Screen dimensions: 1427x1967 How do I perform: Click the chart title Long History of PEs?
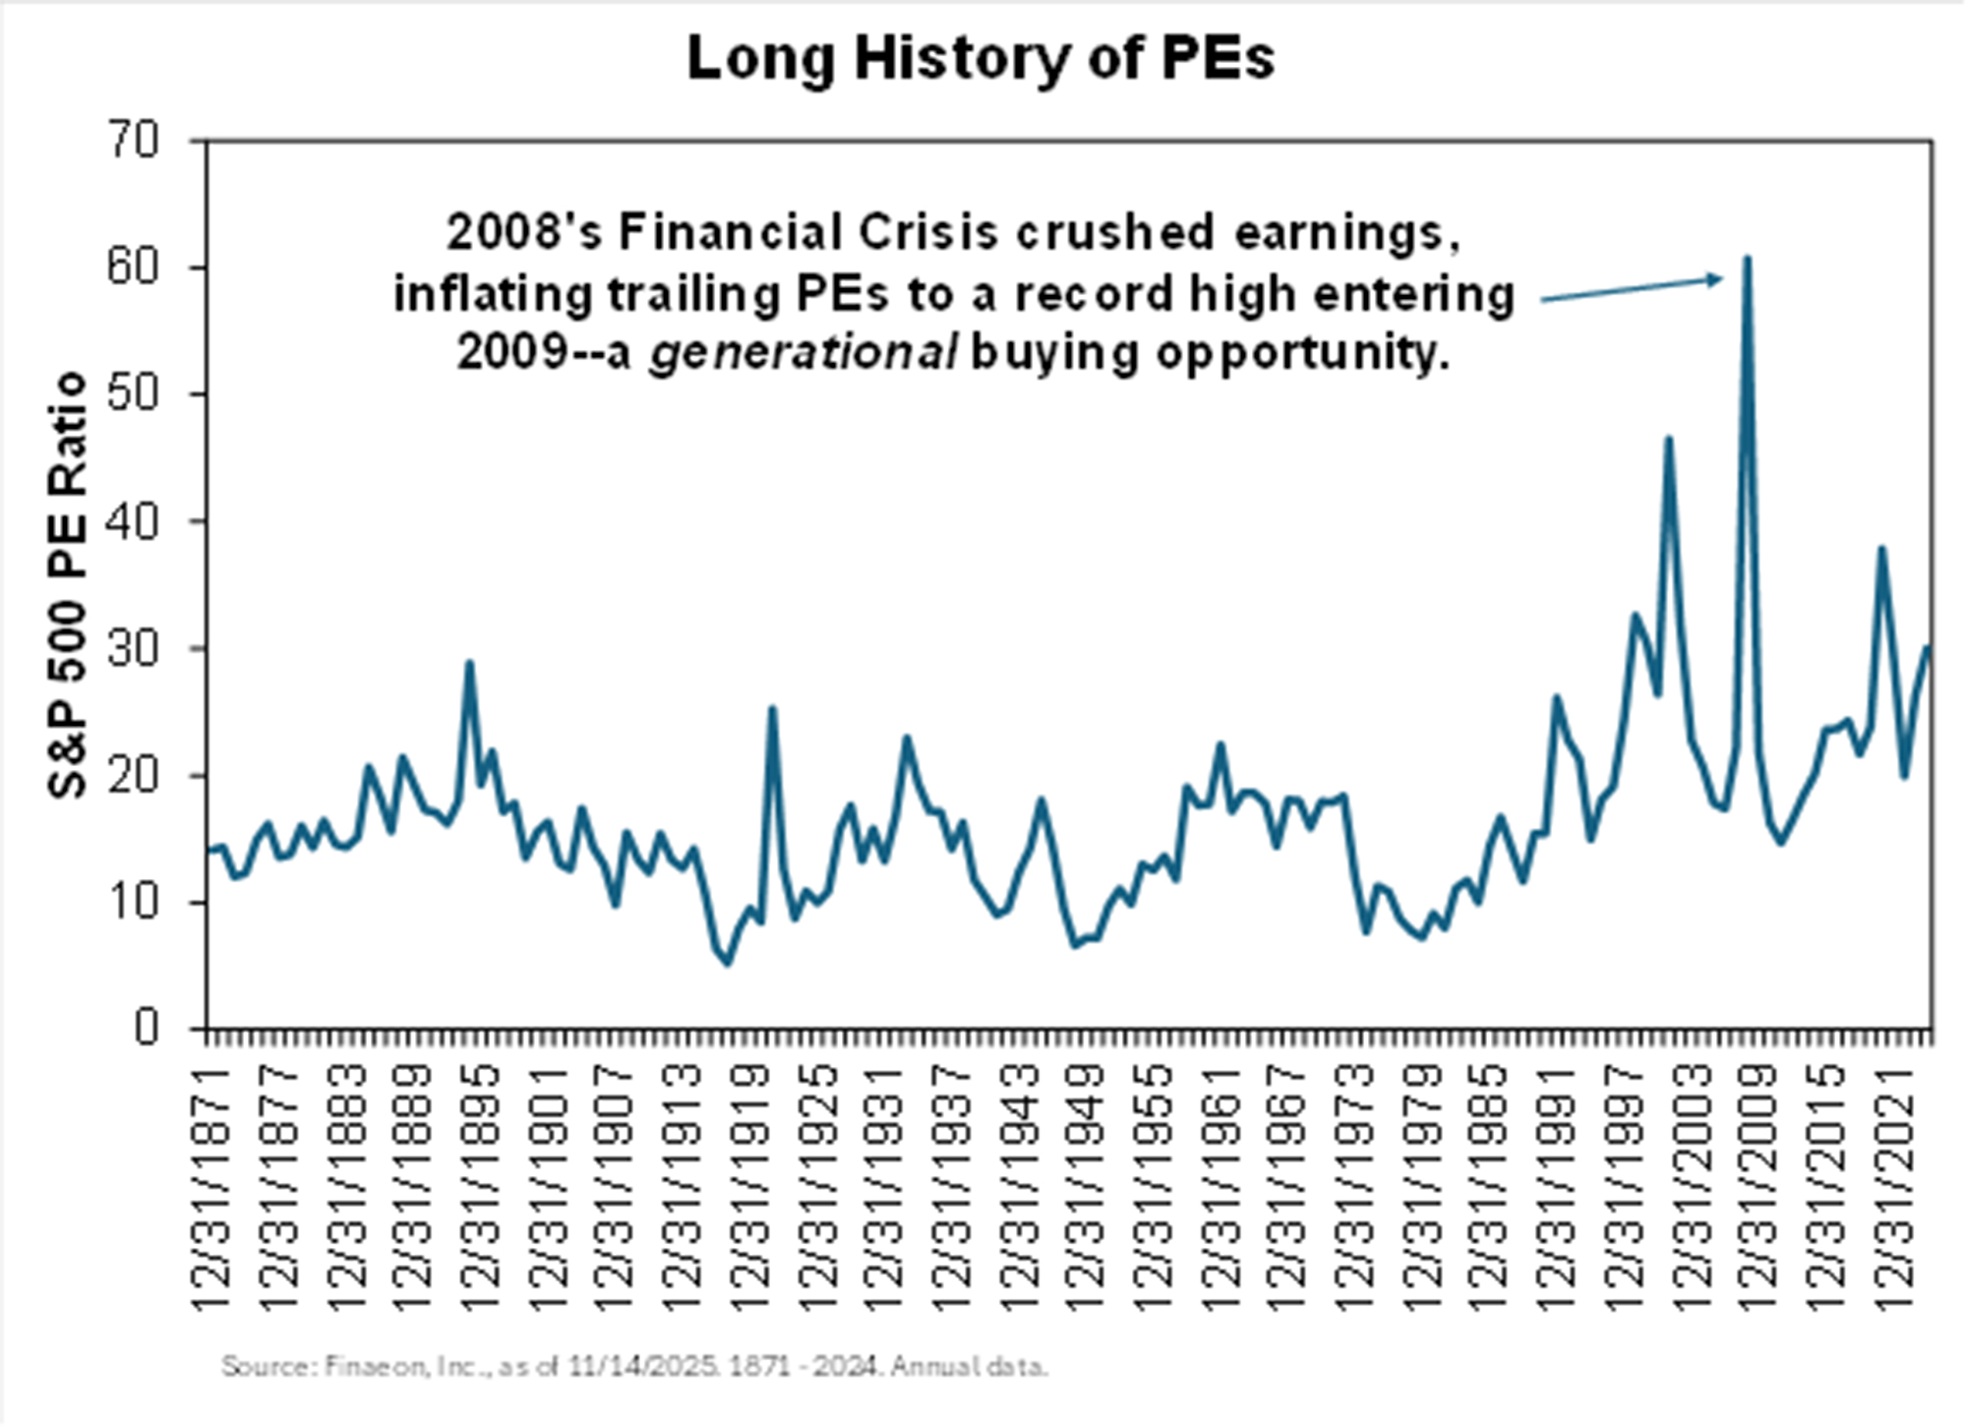pos(981,58)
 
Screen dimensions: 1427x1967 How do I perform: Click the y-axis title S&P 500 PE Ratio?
pos(68,585)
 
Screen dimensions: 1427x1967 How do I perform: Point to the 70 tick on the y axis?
pos(133,141)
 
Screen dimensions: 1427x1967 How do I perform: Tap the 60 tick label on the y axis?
pos(133,268)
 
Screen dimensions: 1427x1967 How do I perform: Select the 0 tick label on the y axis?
pos(146,1029)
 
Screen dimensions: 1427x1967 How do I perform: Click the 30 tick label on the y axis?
pos(133,648)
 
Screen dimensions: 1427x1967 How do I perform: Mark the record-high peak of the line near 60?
pos(1748,260)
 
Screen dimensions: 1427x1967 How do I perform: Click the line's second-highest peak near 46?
pos(1668,440)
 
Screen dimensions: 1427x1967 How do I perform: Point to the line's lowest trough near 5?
pos(728,963)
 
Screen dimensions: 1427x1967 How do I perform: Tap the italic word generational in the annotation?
pos(803,353)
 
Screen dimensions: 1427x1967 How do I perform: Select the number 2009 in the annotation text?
pos(512,353)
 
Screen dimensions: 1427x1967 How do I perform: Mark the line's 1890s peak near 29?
pos(470,664)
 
